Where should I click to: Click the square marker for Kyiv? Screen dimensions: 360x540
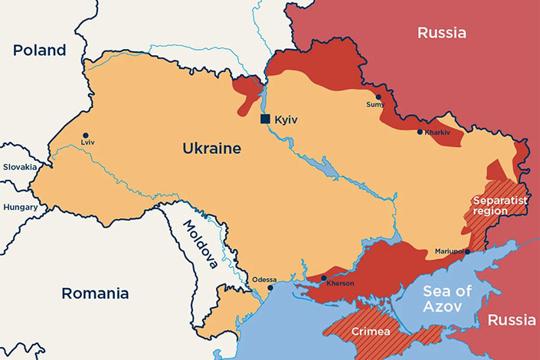point(265,119)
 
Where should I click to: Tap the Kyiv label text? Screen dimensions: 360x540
point(286,120)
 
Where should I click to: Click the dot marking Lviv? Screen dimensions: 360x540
point(85,135)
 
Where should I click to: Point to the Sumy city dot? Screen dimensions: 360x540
point(378,97)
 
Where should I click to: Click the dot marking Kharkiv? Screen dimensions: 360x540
point(420,132)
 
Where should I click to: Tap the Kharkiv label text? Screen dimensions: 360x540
point(437,133)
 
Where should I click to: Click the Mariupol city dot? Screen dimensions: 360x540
point(467,251)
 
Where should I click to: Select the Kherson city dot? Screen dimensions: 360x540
point(324,278)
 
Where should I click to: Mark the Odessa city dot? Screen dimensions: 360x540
point(270,288)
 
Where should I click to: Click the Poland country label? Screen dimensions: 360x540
point(39,51)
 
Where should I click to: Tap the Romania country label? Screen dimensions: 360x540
point(94,293)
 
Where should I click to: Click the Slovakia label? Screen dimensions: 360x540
point(19,167)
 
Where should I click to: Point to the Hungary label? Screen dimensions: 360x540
point(20,207)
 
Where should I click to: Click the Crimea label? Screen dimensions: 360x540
point(371,332)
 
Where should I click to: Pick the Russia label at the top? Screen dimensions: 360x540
point(442,32)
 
